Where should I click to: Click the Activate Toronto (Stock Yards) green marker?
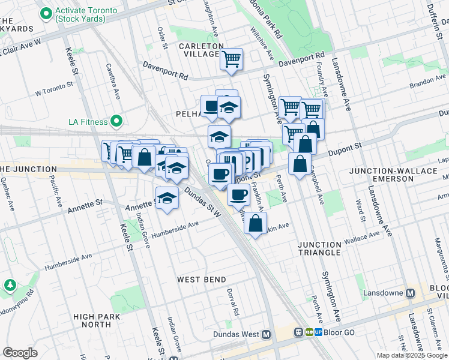[x=46, y=13]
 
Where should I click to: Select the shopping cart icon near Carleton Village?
[x=231, y=59]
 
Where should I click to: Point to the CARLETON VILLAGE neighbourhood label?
[x=199, y=50]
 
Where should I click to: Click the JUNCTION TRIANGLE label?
[x=320, y=248]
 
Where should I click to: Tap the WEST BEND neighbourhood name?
[x=202, y=280]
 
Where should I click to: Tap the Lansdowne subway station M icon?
[x=411, y=293]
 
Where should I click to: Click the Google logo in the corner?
[x=20, y=353]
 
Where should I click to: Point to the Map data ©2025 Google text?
[x=412, y=355]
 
